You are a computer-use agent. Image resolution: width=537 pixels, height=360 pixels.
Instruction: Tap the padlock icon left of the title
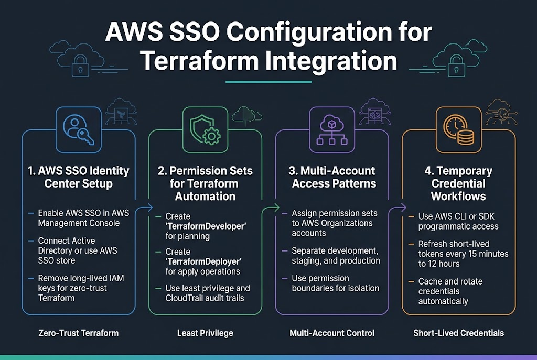[x=80, y=67]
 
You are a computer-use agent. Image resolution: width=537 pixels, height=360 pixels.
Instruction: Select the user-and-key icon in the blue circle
[x=79, y=129]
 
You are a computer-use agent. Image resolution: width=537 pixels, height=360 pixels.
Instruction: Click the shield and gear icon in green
[x=205, y=129]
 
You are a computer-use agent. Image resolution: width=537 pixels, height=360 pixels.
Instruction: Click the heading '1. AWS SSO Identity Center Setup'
[x=79, y=177]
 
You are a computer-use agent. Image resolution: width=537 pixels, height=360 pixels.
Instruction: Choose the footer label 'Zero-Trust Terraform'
[x=79, y=333]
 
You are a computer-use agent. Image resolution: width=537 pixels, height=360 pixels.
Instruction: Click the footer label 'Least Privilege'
[x=205, y=333]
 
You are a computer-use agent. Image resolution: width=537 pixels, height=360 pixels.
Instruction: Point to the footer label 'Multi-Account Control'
[x=332, y=333]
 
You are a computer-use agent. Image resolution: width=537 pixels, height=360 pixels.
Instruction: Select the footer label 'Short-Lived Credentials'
[x=458, y=333]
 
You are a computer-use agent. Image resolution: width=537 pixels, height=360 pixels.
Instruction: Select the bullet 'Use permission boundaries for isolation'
[x=335, y=283]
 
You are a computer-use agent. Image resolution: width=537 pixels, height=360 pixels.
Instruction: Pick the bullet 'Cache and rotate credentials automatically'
[x=450, y=291]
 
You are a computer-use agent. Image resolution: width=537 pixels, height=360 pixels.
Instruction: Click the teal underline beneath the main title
[x=268, y=82]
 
